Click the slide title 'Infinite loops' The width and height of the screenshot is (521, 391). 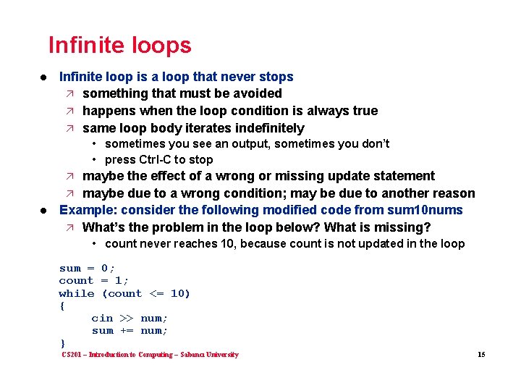coord(119,46)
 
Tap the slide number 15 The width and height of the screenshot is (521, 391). coord(480,355)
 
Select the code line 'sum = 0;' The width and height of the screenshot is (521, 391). coord(87,268)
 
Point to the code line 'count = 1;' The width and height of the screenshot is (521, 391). coord(94,280)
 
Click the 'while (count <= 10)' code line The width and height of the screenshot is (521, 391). coord(124,293)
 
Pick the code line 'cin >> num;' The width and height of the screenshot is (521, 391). coord(130,318)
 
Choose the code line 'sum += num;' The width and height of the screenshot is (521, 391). coord(130,331)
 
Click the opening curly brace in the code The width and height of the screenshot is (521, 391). coord(62,306)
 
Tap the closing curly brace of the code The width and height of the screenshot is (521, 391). coord(62,343)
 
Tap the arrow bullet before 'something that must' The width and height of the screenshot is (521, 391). coord(69,93)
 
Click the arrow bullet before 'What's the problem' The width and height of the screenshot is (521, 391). coord(69,227)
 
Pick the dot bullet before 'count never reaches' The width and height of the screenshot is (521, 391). coord(95,244)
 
